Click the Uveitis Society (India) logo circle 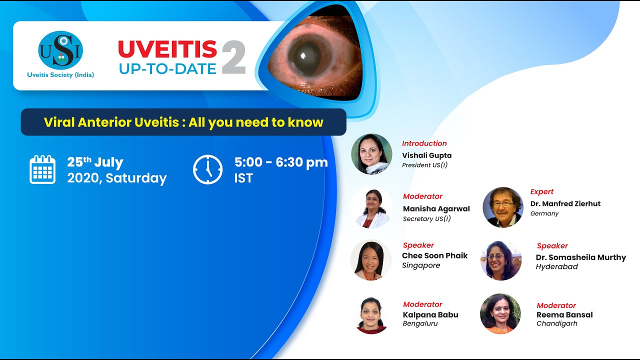[x=60, y=50]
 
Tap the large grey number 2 [x=233, y=57]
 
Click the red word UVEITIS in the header [x=167, y=49]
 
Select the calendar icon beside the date [x=42, y=169]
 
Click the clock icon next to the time [x=208, y=169]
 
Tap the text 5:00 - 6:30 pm [x=281, y=162]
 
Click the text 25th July [x=95, y=162]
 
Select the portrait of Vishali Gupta [x=371, y=154]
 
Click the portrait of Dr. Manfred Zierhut [x=502, y=207]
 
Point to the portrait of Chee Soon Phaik [x=371, y=260]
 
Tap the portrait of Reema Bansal [x=500, y=313]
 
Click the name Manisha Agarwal [x=436, y=208]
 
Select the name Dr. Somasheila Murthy [x=581, y=257]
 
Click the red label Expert [x=542, y=192]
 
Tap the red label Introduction [x=424, y=143]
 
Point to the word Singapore [x=421, y=265]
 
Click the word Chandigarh [x=557, y=323]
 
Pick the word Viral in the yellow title [x=58, y=122]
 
